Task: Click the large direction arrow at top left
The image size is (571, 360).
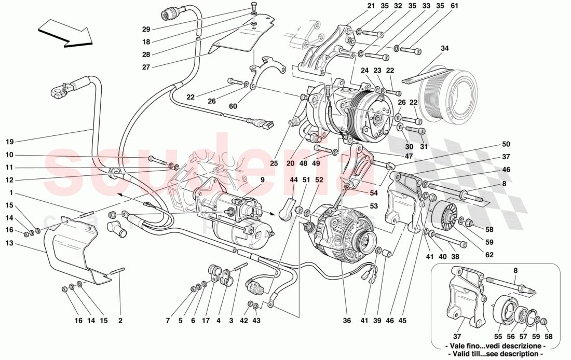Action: click(65, 33)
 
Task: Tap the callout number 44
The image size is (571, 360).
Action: click(294, 179)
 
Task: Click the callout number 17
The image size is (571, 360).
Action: click(206, 321)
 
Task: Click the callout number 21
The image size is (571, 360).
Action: click(371, 6)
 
